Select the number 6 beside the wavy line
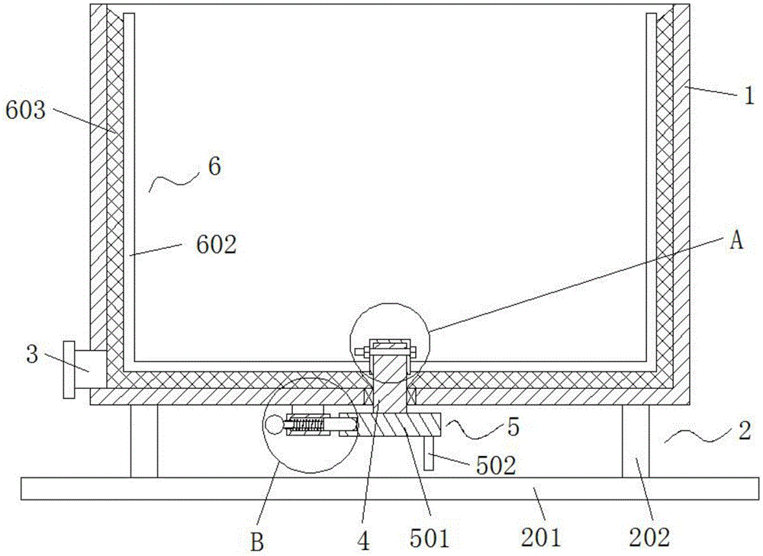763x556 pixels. click(x=214, y=167)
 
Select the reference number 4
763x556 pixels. click(x=364, y=541)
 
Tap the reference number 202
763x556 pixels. click(x=650, y=538)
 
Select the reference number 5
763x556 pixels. click(x=513, y=426)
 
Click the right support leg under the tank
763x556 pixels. click(x=635, y=441)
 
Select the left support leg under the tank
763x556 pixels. click(x=143, y=441)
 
